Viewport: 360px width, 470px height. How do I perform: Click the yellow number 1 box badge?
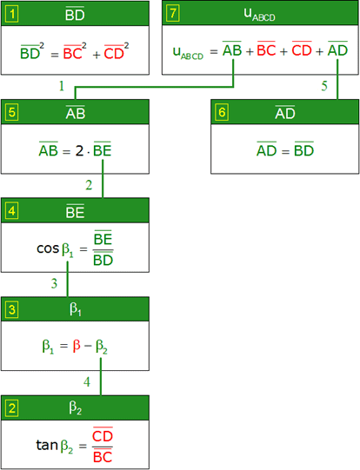(12, 14)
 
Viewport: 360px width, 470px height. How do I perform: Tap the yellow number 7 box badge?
(173, 13)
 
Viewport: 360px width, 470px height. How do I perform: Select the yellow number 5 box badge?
(12, 112)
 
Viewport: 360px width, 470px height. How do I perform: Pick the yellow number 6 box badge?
(222, 112)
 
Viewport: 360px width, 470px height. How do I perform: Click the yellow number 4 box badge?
(12, 211)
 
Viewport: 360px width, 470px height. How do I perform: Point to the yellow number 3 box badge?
(12, 309)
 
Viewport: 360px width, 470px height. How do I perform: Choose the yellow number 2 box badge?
(12, 408)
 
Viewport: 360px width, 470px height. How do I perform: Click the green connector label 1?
(62, 86)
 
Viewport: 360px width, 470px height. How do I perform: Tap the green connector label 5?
(324, 86)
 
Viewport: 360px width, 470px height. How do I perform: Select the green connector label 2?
(89, 185)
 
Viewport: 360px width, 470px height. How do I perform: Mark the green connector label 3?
(54, 283)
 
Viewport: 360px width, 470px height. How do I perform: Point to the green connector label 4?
(87, 382)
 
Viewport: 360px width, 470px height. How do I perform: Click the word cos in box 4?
(48, 248)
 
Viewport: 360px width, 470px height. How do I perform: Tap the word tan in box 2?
(47, 445)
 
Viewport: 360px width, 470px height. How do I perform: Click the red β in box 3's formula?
(77, 346)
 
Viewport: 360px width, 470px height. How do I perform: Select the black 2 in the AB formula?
(79, 151)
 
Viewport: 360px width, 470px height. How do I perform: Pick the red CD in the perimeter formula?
(302, 50)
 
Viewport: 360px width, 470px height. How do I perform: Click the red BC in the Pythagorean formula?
(73, 53)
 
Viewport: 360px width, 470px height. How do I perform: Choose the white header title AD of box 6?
(285, 112)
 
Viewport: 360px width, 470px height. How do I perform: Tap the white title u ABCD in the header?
(259, 15)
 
